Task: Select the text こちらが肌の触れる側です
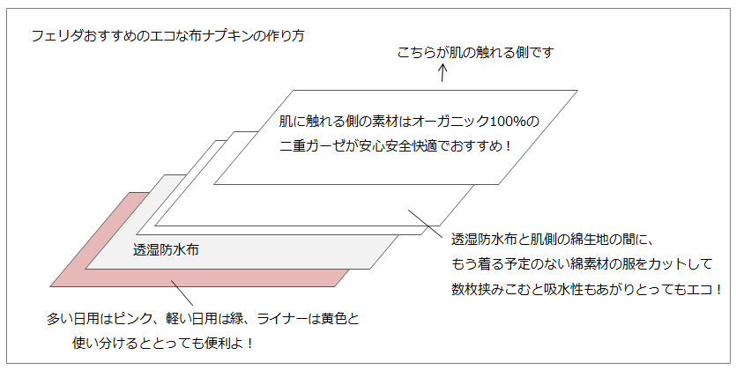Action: [476, 53]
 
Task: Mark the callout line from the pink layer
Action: [182, 292]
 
